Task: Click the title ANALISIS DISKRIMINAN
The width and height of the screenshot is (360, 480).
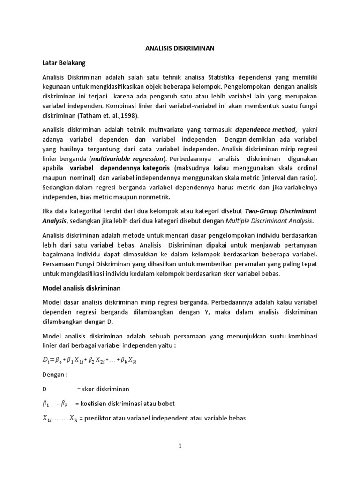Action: (180, 48)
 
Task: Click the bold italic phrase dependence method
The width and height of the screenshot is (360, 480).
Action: (265, 129)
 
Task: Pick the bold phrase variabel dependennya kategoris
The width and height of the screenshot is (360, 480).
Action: (120, 168)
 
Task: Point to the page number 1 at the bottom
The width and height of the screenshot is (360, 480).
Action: (179, 447)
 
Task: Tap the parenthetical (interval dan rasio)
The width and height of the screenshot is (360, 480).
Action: (289, 177)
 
